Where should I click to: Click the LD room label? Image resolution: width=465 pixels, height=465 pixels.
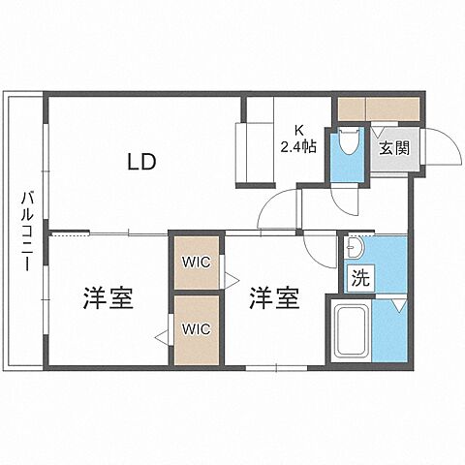coord(140,161)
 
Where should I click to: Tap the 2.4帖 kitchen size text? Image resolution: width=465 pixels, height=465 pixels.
coord(297,146)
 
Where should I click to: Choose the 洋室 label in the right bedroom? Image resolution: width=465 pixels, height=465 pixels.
coord(273,298)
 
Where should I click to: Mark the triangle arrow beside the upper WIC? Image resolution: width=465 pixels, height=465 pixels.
coord(232,280)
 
